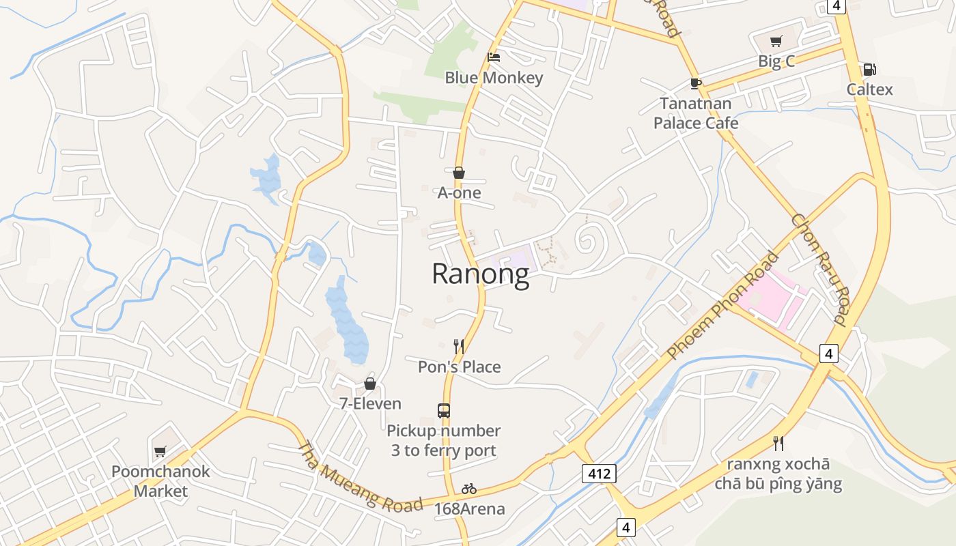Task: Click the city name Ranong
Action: (480, 274)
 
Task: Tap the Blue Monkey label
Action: (494, 78)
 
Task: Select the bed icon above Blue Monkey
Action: (494, 57)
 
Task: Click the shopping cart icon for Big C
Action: (776, 42)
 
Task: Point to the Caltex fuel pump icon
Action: (869, 70)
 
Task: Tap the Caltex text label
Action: (869, 89)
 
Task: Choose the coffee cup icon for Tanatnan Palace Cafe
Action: (695, 84)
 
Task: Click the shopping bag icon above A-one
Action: (459, 173)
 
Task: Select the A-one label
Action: (459, 192)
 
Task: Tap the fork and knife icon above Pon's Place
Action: (459, 347)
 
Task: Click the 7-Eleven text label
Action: (370, 403)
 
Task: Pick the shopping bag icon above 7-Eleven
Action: (370, 384)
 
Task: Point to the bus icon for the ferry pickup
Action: (444, 411)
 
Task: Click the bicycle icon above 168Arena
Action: (469, 489)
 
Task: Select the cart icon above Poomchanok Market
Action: (160, 451)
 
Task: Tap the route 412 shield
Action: (600, 473)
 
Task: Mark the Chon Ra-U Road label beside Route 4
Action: (819, 269)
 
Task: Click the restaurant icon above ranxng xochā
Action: (778, 444)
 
